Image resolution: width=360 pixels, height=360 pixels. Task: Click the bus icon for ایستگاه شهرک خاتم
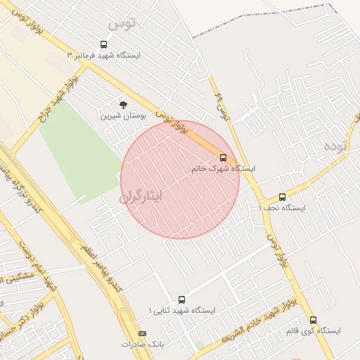pos(223,157)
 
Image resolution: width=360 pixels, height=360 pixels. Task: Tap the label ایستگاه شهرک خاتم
pos(224,169)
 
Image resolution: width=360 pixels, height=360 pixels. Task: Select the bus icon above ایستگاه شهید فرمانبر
pos(104,44)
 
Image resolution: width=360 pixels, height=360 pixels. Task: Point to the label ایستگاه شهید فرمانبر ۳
pos(103,55)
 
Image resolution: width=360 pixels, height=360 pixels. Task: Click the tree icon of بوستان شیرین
pos(124,104)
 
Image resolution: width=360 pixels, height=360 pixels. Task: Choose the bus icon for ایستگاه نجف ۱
pos(282,197)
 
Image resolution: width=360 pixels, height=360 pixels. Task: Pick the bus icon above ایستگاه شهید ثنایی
pos(182,300)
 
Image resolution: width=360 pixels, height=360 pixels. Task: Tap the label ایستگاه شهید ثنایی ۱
pos(182,310)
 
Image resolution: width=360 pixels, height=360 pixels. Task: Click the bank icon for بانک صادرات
pos(143,333)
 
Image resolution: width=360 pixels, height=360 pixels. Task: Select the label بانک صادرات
pos(142,345)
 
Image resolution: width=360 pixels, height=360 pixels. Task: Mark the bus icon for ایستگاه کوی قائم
pos(313,320)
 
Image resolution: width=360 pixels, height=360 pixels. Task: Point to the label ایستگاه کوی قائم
pos(313,330)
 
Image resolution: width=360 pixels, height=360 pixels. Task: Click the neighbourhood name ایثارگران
pos(141,195)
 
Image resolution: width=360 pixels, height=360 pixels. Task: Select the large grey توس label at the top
pos(120,24)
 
